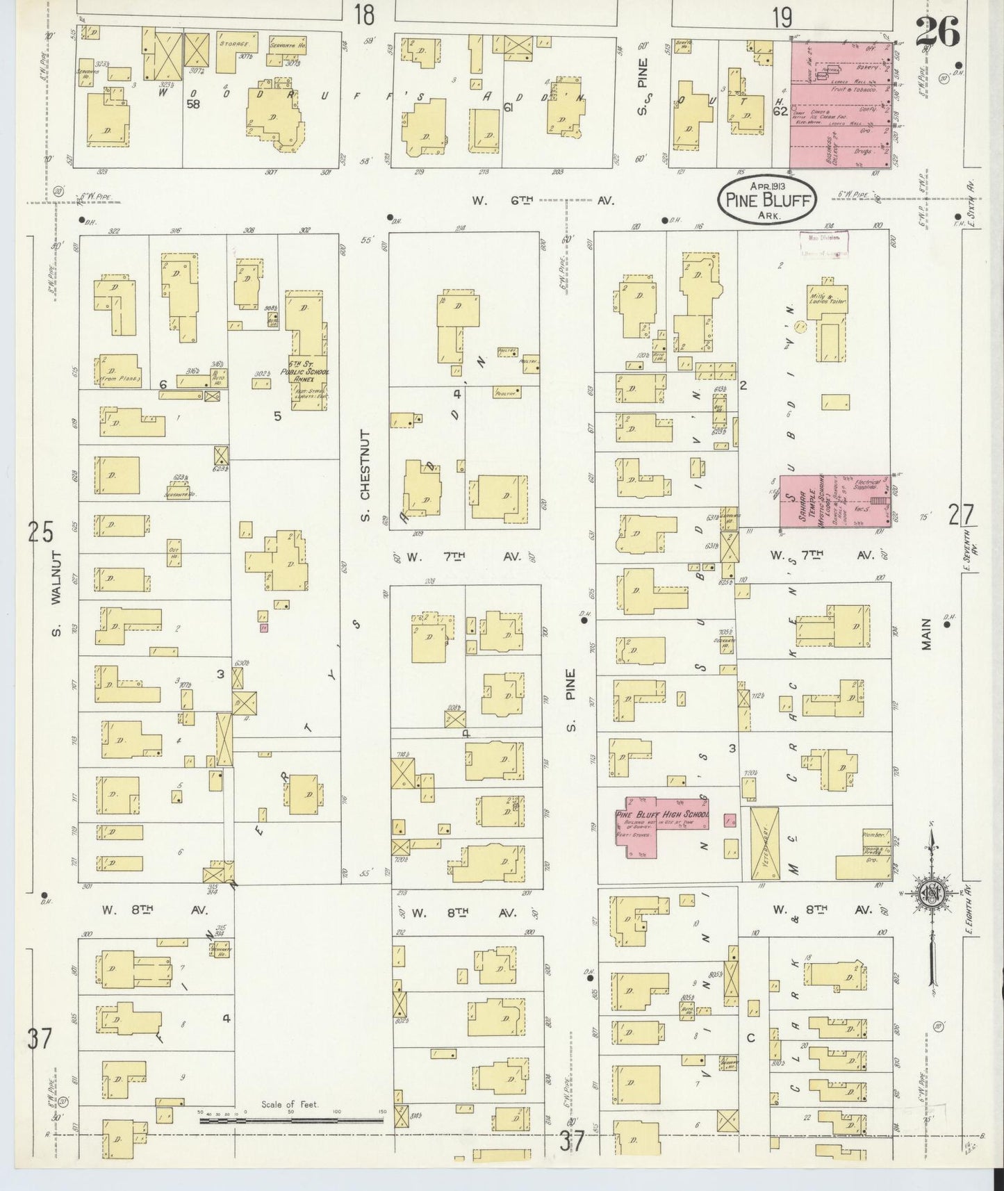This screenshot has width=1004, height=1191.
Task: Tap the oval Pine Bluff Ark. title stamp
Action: click(766, 198)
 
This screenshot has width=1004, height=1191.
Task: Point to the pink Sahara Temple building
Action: click(834, 500)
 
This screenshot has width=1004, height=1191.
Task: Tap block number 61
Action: click(507, 106)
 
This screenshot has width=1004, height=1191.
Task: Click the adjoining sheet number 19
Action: click(782, 17)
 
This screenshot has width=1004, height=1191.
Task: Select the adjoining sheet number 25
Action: click(41, 533)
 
